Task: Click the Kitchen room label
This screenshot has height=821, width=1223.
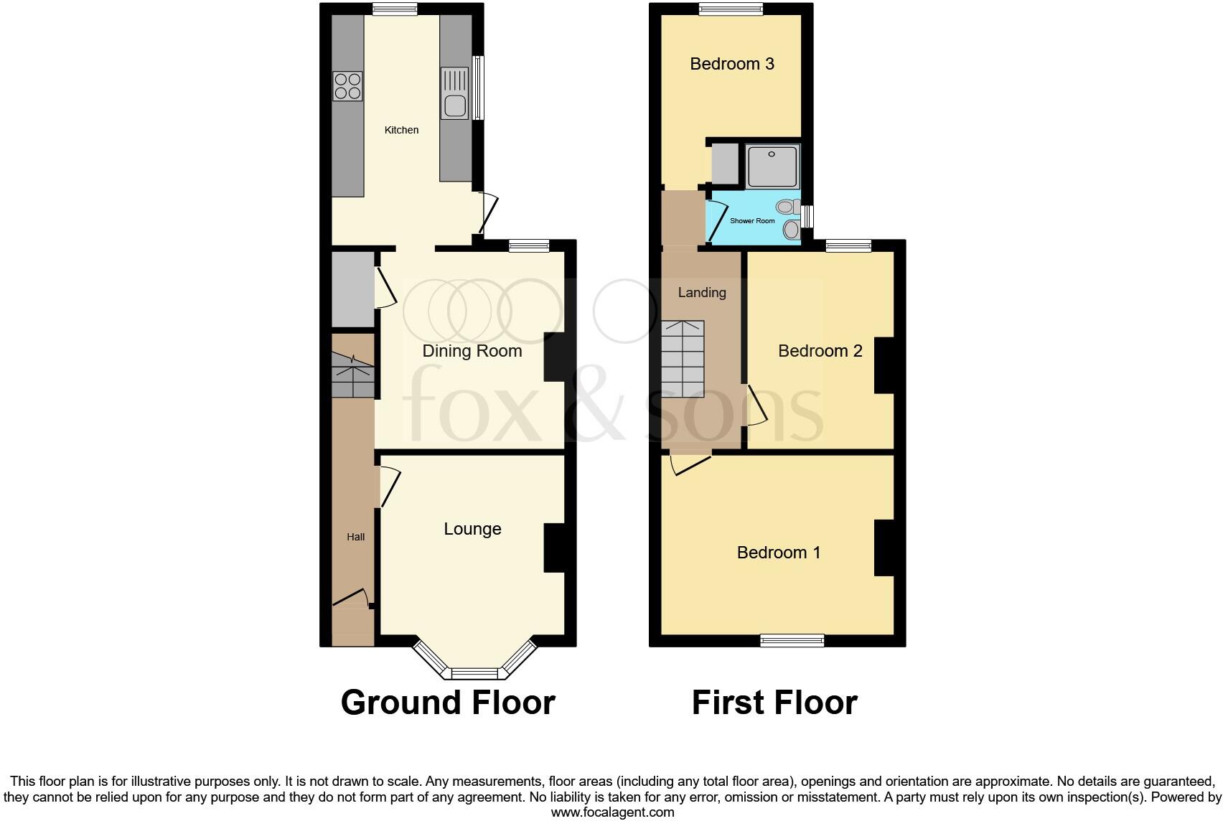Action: [401, 130]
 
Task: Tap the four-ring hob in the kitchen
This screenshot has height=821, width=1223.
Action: [347, 86]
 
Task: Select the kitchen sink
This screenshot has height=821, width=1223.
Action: [455, 93]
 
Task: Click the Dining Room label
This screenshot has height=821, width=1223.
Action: [472, 351]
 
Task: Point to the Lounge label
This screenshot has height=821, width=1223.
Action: [472, 529]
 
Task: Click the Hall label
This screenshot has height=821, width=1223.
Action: [356, 537]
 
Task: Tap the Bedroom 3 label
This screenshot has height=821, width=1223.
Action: [731, 64]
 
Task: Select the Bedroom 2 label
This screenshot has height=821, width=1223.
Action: [820, 351]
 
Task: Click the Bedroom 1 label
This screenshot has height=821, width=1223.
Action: [778, 553]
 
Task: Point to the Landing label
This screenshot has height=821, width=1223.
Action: [702, 292]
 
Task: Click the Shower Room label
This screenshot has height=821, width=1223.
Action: [752, 221]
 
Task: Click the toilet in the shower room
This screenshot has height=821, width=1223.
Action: [788, 207]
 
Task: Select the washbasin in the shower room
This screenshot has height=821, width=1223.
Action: [792, 230]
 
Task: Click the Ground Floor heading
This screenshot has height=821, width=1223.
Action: [448, 703]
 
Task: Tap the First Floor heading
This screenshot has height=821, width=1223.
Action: [774, 703]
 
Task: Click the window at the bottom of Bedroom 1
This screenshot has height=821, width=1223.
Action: [792, 640]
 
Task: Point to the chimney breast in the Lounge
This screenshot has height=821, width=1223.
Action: [554, 548]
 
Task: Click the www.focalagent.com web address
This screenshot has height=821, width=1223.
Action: [612, 812]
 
